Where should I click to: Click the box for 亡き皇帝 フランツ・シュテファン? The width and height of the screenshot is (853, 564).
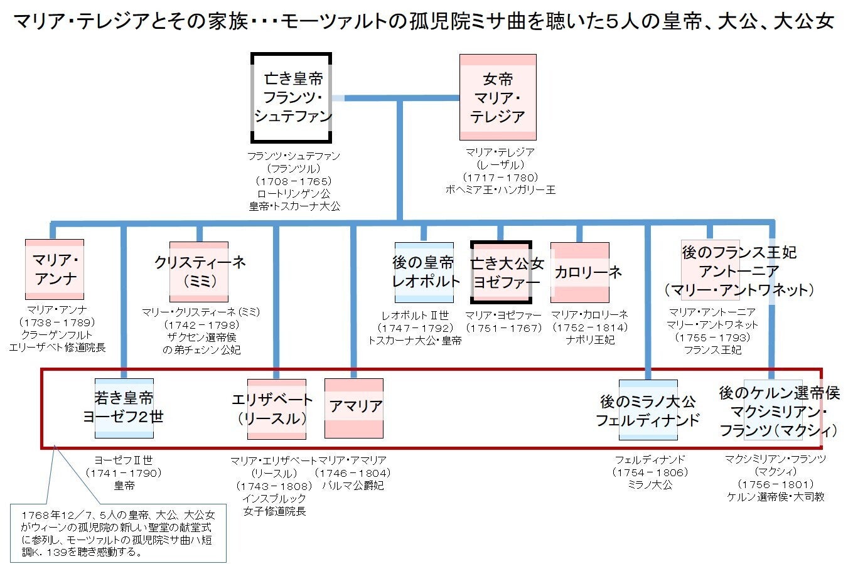[x=291, y=98]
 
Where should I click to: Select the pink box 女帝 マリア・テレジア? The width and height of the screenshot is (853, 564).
[x=498, y=97]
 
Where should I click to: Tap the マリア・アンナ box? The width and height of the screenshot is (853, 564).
[x=55, y=270]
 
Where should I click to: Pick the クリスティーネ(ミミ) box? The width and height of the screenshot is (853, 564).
[x=199, y=272]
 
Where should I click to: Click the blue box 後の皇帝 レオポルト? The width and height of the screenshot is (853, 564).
[x=424, y=272]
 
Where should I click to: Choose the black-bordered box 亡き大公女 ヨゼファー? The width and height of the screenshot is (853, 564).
[x=501, y=272]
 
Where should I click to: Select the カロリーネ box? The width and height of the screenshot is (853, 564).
[x=580, y=272]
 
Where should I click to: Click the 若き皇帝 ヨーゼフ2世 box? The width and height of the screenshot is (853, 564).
[x=124, y=408]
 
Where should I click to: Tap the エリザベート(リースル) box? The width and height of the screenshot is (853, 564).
[x=276, y=408]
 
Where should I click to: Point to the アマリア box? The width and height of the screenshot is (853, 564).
[x=354, y=408]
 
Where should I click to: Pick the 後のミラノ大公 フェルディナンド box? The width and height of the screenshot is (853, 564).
[x=648, y=409]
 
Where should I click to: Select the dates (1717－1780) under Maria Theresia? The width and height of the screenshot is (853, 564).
[x=500, y=177]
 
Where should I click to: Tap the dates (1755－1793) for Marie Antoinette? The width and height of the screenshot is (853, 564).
[x=712, y=338]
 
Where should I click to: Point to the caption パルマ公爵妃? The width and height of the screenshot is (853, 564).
[x=353, y=485]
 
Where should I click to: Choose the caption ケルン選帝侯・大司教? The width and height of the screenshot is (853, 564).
[x=775, y=497]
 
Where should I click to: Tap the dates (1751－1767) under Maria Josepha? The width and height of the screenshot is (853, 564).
[x=503, y=327]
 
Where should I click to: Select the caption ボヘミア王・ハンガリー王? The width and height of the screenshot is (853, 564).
[x=500, y=189]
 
